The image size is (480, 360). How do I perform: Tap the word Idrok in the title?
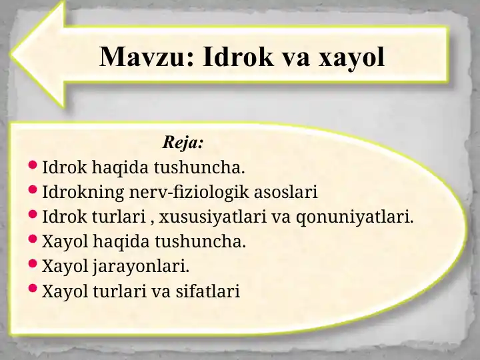point(238,56)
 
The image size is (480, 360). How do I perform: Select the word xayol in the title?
point(351,58)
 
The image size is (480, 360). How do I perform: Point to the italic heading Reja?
point(183,142)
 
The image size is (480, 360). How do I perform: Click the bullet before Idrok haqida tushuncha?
point(33,165)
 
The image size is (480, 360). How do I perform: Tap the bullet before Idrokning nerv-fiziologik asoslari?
point(33,189)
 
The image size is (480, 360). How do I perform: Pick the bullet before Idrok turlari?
point(33,214)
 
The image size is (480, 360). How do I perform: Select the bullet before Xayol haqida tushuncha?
point(33,239)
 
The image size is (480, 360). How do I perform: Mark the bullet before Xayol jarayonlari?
point(33,263)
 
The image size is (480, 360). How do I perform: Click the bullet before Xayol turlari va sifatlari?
point(33,288)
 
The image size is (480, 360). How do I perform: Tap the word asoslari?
point(286,192)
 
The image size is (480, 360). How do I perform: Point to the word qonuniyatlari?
point(355,217)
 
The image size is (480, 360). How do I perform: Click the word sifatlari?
point(207,291)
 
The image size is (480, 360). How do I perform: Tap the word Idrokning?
point(83,193)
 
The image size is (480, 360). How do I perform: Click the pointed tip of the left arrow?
point(11,55)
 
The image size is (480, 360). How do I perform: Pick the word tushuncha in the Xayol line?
point(200,241)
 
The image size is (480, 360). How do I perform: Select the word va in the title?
point(295,59)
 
